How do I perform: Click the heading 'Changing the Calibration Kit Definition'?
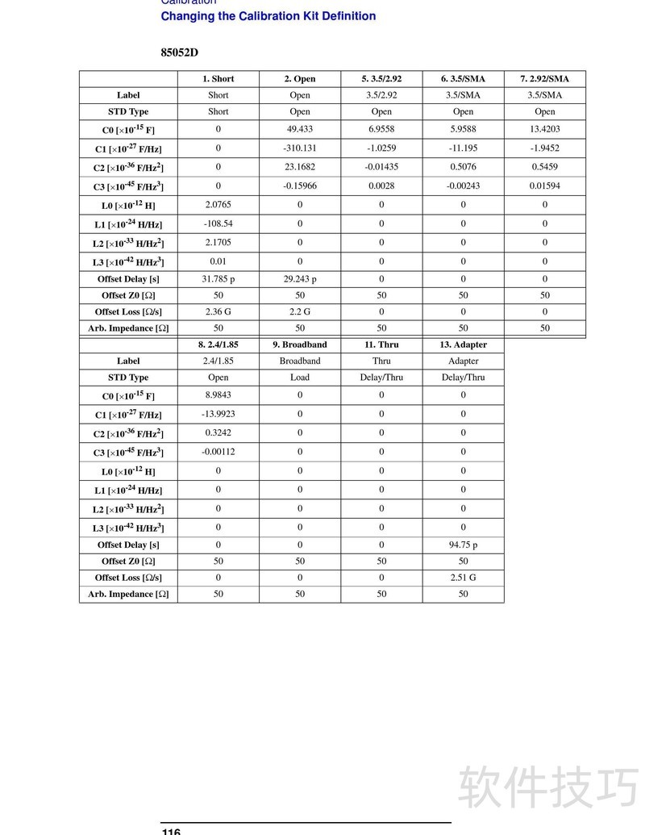click(x=268, y=16)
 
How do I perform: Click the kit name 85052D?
click(x=179, y=52)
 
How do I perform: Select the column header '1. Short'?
click(x=218, y=79)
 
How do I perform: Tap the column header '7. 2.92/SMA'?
click(x=544, y=79)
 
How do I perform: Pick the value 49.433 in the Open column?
click(x=300, y=129)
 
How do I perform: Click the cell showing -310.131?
click(x=300, y=148)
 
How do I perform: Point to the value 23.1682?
click(x=300, y=167)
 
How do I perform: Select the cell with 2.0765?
click(x=218, y=205)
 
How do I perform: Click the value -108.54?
click(x=218, y=223)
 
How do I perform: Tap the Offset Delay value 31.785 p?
click(x=218, y=279)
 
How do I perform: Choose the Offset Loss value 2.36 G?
click(x=218, y=311)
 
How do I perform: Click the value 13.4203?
click(x=544, y=129)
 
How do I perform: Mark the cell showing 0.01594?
click(x=544, y=186)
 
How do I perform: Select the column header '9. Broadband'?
click(x=300, y=344)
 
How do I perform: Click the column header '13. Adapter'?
click(x=463, y=344)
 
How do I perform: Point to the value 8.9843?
click(x=218, y=395)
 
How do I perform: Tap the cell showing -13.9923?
click(x=218, y=414)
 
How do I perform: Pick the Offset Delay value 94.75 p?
click(x=463, y=545)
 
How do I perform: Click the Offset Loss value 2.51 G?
click(x=463, y=578)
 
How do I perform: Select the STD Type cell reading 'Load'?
click(x=300, y=378)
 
